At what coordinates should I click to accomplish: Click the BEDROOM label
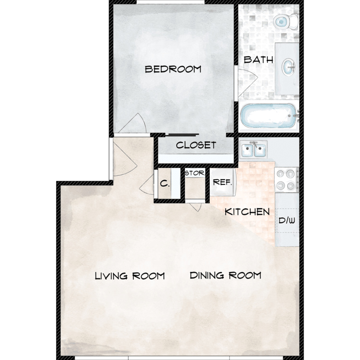pyautogui.click(x=173, y=69)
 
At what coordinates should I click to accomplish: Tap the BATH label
pyautogui.click(x=258, y=60)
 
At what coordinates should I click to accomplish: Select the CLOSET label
pyautogui.click(x=196, y=145)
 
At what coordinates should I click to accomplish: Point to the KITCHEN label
pyautogui.click(x=247, y=212)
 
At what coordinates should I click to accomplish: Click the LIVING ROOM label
pyautogui.click(x=130, y=276)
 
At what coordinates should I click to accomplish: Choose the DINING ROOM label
pyautogui.click(x=226, y=276)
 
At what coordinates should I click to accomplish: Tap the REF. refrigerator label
pyautogui.click(x=222, y=182)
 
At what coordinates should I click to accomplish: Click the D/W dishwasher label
pyautogui.click(x=287, y=221)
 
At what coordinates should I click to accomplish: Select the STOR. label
pyautogui.click(x=195, y=173)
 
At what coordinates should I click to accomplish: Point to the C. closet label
pyautogui.click(x=165, y=183)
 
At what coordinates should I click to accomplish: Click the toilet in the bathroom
pyautogui.click(x=286, y=22)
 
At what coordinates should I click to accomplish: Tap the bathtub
pyautogui.click(x=269, y=116)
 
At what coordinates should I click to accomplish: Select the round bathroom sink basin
pyautogui.click(x=288, y=67)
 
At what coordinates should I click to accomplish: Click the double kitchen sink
pyautogui.click(x=253, y=150)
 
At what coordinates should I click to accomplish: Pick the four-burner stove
pyautogui.click(x=287, y=180)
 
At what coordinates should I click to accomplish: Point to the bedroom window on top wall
pyautogui.click(x=170, y=2)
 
